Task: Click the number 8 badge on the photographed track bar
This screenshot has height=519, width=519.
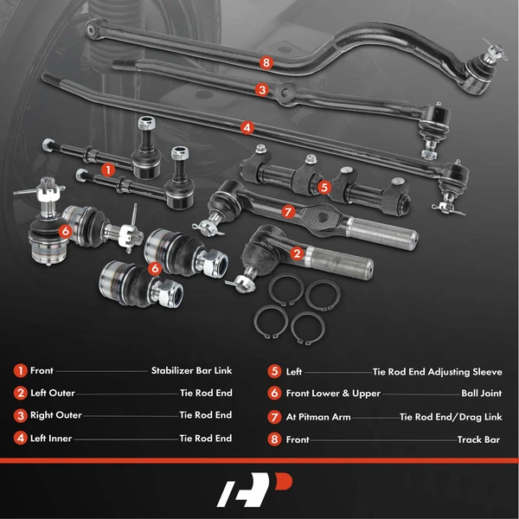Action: click(266, 62)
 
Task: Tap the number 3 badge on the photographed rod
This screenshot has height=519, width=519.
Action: click(261, 89)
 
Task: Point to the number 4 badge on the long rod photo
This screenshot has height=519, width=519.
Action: click(247, 127)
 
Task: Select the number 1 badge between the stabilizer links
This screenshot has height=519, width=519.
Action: click(107, 170)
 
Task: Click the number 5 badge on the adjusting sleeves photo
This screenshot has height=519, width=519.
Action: click(324, 186)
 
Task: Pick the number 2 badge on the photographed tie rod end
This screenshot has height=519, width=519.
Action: click(297, 253)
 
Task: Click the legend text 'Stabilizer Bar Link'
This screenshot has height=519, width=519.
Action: click(191, 371)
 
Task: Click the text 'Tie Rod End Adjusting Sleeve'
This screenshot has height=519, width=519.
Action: click(437, 372)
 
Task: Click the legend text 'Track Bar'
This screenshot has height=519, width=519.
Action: click(478, 439)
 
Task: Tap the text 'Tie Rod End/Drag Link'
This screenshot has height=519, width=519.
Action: click(450, 416)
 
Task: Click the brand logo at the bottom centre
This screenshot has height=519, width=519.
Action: click(259, 490)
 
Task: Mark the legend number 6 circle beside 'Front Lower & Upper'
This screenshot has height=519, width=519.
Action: click(274, 394)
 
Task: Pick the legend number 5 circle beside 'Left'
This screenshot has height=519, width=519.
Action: click(274, 371)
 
